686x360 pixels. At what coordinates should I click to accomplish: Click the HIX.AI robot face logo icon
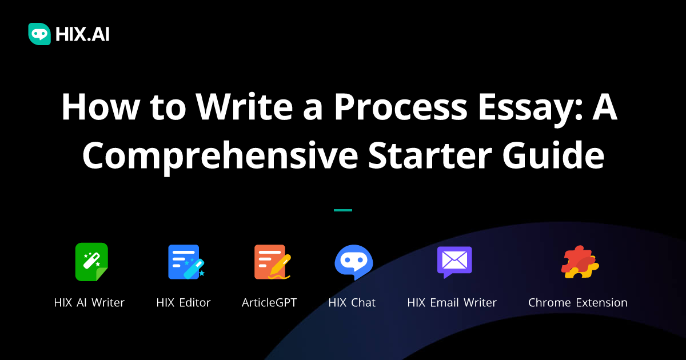pos(39,34)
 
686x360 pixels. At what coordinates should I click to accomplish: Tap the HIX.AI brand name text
pos(82,35)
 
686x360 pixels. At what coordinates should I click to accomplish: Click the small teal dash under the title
pos(343,210)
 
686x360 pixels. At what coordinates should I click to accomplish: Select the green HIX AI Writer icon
pos(91,262)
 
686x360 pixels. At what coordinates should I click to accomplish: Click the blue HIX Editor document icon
pos(185,262)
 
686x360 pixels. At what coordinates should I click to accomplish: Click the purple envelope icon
pos(454,262)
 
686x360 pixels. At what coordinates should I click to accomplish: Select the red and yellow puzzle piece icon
pos(579,262)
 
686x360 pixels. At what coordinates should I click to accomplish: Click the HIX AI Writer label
pos(89,303)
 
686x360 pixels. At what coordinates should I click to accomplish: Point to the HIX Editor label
pos(184,303)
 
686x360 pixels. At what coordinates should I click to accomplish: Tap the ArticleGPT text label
pos(269,303)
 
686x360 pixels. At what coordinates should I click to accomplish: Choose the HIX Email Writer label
pos(452,303)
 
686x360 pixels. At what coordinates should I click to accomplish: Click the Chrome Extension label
pos(577,303)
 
